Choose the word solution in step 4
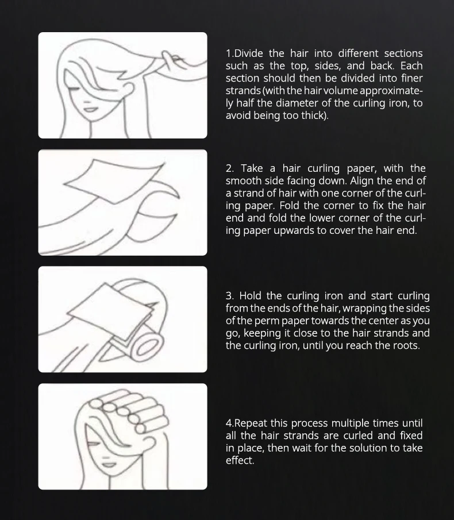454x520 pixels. [x=365, y=448]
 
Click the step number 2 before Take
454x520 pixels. [x=229, y=168]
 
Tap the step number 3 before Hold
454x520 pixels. [x=229, y=296]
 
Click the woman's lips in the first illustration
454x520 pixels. [x=90, y=110]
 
